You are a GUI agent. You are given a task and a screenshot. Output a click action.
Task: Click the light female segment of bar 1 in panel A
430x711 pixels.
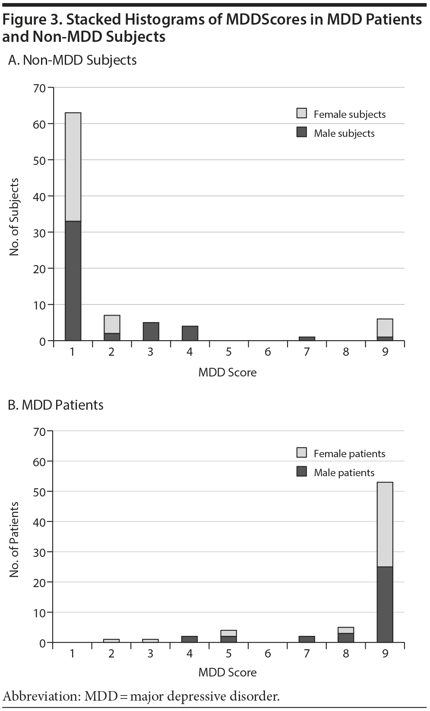click(x=73, y=167)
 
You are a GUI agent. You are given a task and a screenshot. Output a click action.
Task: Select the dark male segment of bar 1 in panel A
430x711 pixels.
click(x=73, y=281)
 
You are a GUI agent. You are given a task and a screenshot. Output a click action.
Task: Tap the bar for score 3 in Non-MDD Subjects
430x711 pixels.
click(x=151, y=332)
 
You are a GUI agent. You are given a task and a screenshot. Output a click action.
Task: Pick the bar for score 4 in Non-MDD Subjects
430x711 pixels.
click(x=190, y=333)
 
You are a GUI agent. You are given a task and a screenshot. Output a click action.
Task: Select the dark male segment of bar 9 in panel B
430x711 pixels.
click(x=385, y=604)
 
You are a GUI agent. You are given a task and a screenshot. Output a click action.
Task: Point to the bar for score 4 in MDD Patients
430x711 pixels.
click(x=190, y=639)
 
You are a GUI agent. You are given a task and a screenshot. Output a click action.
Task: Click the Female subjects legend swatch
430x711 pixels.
click(x=302, y=114)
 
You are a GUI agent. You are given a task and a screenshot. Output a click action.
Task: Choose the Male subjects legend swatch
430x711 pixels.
click(x=302, y=133)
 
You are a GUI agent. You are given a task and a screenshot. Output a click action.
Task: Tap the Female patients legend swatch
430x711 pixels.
click(x=302, y=453)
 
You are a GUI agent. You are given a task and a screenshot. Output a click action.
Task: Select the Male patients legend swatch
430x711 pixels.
click(x=302, y=472)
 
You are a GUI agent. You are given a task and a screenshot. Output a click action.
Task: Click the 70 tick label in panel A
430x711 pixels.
click(x=39, y=88)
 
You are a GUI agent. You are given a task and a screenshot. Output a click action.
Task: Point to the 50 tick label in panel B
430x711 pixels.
click(x=39, y=492)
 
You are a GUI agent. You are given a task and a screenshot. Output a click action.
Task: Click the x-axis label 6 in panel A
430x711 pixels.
click(x=268, y=352)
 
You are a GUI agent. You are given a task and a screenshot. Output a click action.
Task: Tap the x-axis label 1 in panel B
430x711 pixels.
click(x=72, y=654)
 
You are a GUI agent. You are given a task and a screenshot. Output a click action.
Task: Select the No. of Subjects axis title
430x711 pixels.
click(x=15, y=217)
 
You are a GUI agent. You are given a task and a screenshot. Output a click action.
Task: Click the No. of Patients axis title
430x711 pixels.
click(x=15, y=540)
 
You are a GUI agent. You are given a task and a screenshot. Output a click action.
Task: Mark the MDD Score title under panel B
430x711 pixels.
click(x=228, y=673)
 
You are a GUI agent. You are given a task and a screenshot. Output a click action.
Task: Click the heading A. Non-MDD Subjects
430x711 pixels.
click(x=73, y=60)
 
